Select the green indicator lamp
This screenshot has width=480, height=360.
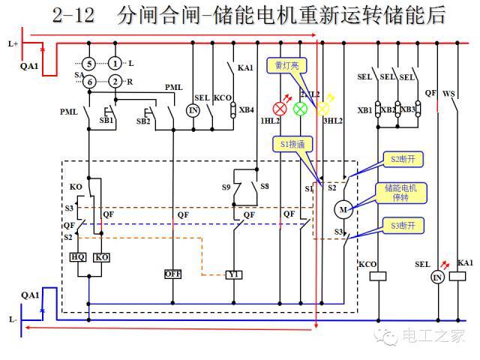pyautogui.click(x=301, y=108)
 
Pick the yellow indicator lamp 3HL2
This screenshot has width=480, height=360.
pyautogui.click(x=323, y=108)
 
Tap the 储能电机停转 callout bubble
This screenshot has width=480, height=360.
pyautogui.click(x=400, y=193)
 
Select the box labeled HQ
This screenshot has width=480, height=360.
pyautogui.click(x=78, y=256)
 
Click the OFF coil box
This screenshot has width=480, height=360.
pyautogui.click(x=173, y=274)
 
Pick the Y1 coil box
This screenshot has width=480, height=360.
pyautogui.click(x=233, y=274)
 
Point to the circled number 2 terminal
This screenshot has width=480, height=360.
pyautogui.click(x=115, y=81)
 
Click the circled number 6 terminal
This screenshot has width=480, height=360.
pyautogui.click(x=88, y=81)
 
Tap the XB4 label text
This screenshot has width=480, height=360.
pyautogui.click(x=246, y=110)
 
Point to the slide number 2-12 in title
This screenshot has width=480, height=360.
pyautogui.click(x=73, y=16)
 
